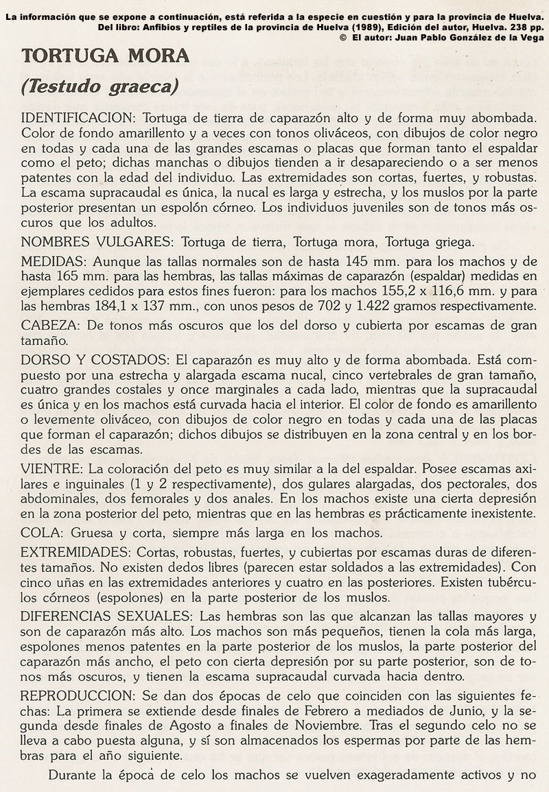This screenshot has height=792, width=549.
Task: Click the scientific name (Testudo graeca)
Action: (x=100, y=86)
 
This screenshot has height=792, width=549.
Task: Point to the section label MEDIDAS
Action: (x=52, y=263)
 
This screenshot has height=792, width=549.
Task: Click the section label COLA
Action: (x=39, y=533)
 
